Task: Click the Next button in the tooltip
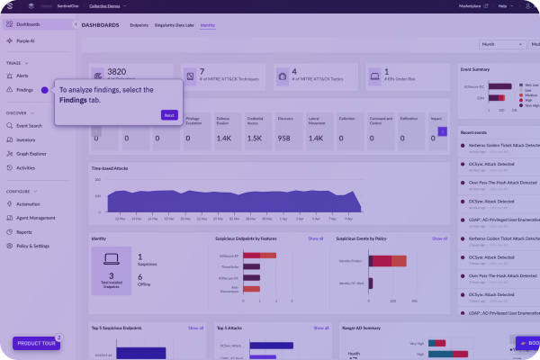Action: (169, 115)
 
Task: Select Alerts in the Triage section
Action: (22, 76)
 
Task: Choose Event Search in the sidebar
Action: (29, 126)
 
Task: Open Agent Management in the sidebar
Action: (35, 218)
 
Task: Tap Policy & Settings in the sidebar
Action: (33, 246)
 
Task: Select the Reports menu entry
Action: (24, 232)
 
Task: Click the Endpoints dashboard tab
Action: (139, 25)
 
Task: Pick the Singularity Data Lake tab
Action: (175, 25)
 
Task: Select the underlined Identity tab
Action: (208, 25)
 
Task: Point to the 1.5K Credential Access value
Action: (254, 139)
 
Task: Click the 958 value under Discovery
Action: (284, 139)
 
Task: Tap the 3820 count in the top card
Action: (117, 70)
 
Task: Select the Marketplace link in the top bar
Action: (469, 5)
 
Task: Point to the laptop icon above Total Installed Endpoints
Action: (111, 259)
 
